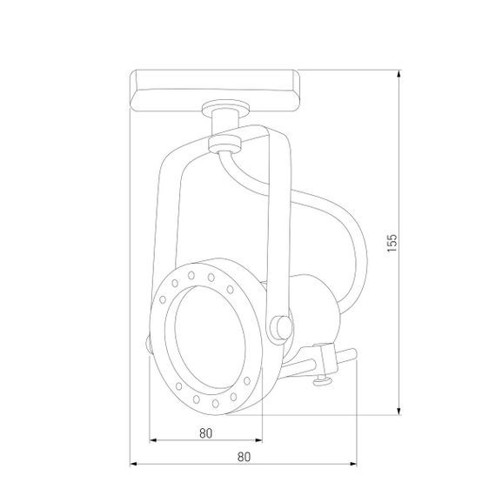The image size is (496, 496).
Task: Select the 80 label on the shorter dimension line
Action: coord(206,432)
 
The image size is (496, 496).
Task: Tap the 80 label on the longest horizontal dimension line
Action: coord(244,456)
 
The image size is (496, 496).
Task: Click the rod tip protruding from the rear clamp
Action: coord(350,353)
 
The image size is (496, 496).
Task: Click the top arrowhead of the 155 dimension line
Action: coord(399,73)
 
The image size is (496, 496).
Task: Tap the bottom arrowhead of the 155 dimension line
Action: coord(399,412)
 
